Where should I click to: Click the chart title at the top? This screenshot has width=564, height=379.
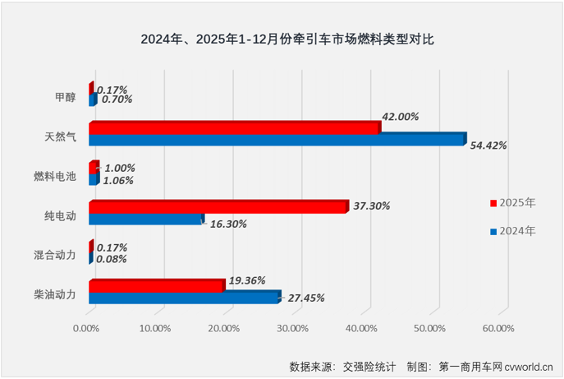282,39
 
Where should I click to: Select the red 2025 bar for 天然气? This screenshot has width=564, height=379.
234,127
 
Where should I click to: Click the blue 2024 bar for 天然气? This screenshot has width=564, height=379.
276,140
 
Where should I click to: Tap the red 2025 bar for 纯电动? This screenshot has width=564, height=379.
218,207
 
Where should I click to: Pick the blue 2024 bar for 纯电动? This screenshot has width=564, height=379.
145,220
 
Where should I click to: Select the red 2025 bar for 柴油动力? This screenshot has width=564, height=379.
156,286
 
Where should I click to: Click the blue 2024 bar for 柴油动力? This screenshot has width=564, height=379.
184,298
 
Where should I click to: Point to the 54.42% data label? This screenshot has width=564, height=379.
488,146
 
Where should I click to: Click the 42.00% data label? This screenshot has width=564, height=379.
400,117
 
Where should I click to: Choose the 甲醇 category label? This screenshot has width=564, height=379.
65,96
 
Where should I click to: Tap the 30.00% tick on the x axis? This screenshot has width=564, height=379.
293,329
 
